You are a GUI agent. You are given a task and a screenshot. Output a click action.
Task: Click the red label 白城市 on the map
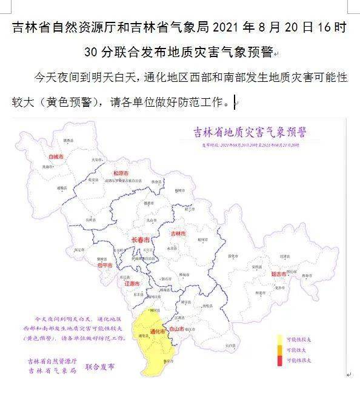coord(55,156)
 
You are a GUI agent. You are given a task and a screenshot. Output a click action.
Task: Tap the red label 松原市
coord(121,173)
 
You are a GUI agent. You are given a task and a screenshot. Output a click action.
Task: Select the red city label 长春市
coord(141,240)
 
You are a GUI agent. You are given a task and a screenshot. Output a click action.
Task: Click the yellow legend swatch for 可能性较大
coord(280,338)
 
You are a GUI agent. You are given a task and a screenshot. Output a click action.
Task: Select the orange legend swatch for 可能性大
coord(280,350)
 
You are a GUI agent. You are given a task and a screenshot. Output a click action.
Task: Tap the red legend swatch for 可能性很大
coord(280,361)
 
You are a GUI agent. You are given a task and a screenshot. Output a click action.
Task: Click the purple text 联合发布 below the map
coord(99,367)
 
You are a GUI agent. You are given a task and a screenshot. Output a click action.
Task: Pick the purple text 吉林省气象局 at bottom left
coord(52,370)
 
